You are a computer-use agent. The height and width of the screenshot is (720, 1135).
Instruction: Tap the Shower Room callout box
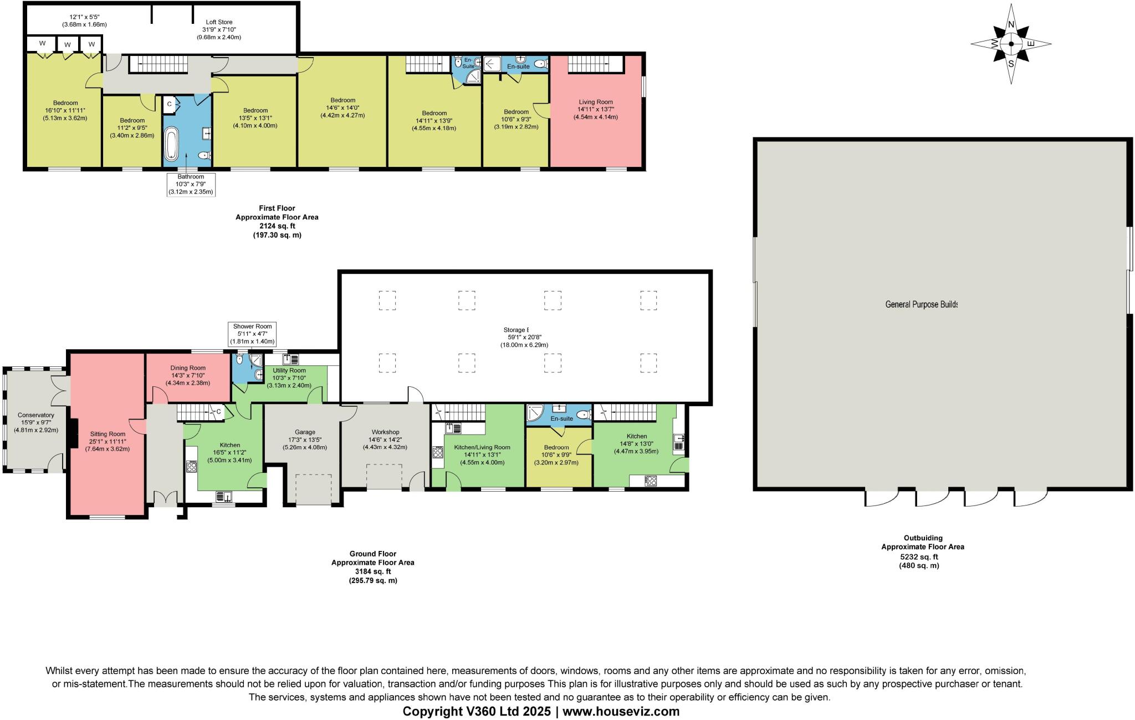(x=253, y=334)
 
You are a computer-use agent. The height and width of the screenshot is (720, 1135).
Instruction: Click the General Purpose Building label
(x=921, y=304)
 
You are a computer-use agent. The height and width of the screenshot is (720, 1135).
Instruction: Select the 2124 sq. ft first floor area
(x=277, y=226)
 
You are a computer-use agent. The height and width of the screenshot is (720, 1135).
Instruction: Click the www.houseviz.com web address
(x=621, y=711)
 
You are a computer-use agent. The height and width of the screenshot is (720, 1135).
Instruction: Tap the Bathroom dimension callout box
(x=191, y=184)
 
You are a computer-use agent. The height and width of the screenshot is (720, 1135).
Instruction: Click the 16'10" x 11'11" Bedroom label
(x=65, y=110)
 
